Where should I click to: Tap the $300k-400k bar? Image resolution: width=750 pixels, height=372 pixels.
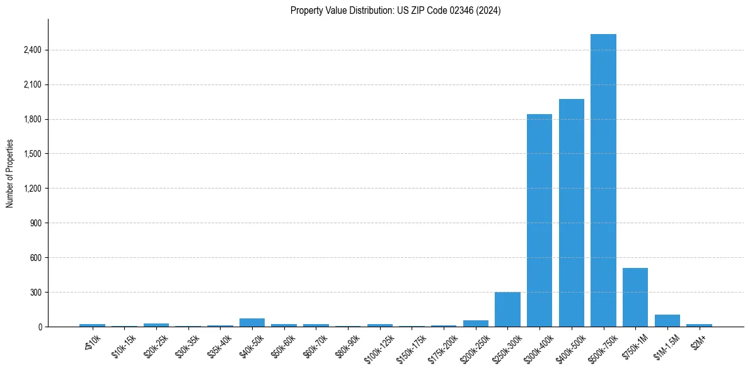539,221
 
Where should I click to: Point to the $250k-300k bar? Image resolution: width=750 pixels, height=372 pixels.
507,310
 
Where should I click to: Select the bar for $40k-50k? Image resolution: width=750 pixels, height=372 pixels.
252,322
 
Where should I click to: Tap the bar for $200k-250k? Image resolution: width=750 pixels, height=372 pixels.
476,323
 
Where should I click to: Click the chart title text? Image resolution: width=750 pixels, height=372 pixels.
395,11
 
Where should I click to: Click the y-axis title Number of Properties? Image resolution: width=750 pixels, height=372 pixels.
10,173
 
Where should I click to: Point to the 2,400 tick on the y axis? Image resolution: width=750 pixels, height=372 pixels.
32,50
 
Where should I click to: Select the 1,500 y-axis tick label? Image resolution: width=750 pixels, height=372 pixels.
32,154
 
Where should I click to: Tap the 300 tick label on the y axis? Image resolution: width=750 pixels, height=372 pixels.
36,293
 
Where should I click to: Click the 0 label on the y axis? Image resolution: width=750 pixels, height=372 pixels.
39,327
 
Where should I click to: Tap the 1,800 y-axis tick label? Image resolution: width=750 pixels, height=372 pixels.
32,120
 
